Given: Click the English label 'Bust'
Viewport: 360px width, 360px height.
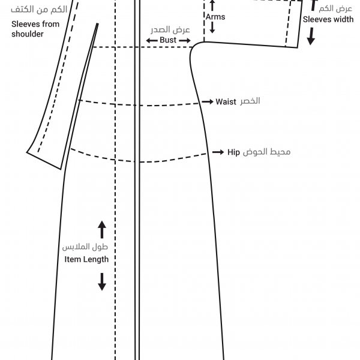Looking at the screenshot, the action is pos(168,40).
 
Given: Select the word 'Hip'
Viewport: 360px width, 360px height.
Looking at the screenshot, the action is pos(233,152).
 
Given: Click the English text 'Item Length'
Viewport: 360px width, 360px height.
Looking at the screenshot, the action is pos(86,259).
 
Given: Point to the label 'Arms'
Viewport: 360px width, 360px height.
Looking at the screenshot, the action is pos(215,17).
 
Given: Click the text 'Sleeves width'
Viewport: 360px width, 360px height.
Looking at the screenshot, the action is pos(328,20).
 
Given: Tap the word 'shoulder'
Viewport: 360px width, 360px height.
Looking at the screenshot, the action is pos(28,34).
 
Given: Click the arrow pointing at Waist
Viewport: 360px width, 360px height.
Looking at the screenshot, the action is pos(208,101).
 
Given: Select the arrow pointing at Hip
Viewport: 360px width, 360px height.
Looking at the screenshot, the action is pos(218,152).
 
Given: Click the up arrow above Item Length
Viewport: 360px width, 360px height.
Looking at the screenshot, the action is pos(102,230).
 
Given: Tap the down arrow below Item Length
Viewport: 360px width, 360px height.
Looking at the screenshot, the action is pos(102,282).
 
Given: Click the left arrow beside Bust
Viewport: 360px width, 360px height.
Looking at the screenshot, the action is pos(152,41).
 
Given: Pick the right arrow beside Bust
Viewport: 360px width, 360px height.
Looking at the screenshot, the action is pos(185,41).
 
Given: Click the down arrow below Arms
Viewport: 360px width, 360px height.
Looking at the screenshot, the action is pos(212,28).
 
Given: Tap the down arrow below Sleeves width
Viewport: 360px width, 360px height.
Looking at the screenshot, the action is pos(311,36).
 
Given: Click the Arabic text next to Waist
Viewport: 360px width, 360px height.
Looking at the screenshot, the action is pos(250,101).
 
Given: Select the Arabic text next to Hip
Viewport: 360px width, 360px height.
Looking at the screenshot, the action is pos(266,152).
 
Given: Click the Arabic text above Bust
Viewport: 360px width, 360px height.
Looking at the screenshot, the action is pos(170,29).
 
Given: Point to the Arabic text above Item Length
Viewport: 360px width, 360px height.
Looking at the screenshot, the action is pos(85,247).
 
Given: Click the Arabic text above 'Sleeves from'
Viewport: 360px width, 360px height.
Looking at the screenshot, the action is pos(39,10).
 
